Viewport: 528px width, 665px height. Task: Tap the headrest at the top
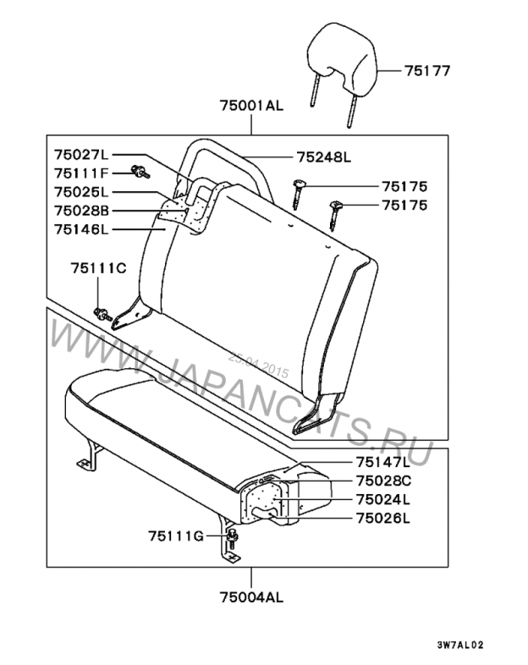pyautogui.click(x=338, y=55)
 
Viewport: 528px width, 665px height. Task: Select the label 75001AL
pyautogui.click(x=251, y=106)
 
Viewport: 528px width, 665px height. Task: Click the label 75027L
pyautogui.click(x=81, y=155)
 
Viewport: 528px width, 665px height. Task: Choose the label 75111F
pyautogui.click(x=82, y=173)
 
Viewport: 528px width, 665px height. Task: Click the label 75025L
pyautogui.click(x=81, y=192)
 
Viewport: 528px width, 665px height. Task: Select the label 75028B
pyautogui.click(x=82, y=210)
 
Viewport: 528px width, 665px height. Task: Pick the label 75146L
pyautogui.click(x=82, y=228)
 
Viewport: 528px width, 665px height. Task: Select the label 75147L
pyautogui.click(x=382, y=462)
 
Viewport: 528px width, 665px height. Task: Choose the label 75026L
pyautogui.click(x=382, y=518)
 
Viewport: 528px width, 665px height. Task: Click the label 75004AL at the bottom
pyautogui.click(x=250, y=597)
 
